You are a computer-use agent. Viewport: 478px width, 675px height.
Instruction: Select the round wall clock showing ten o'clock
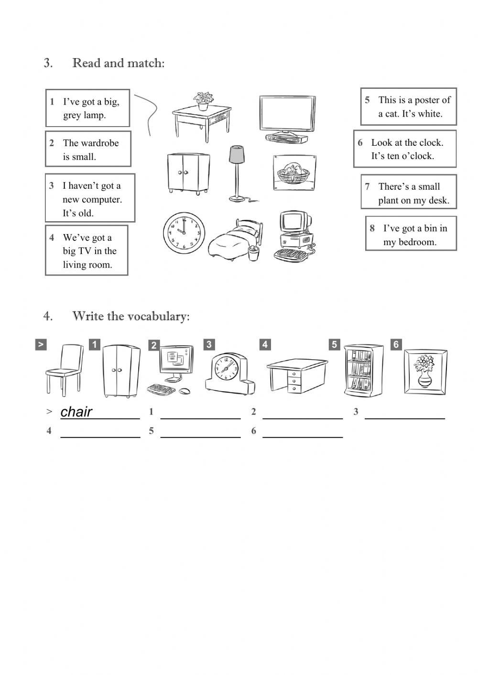coord(184,233)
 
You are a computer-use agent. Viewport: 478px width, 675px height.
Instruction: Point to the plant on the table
coord(204,101)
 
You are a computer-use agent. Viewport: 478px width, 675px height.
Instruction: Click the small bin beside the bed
coord(253,254)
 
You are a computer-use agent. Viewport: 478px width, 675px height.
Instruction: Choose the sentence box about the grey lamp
coord(88,108)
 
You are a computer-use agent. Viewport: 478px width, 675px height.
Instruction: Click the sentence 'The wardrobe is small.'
coord(88,150)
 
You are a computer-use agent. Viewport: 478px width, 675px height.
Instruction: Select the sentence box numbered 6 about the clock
coord(405,149)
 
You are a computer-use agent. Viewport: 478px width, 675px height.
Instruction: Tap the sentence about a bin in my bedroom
coord(411,235)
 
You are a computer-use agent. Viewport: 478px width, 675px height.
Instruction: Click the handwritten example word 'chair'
coord(76,412)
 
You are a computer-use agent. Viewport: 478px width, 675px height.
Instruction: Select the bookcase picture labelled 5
coord(364,370)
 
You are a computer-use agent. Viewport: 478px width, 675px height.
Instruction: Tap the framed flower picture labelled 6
coord(425,372)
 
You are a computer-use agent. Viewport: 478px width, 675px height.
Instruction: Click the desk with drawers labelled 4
coord(296,375)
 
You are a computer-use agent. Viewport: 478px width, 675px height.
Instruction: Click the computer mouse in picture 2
coord(184,391)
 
